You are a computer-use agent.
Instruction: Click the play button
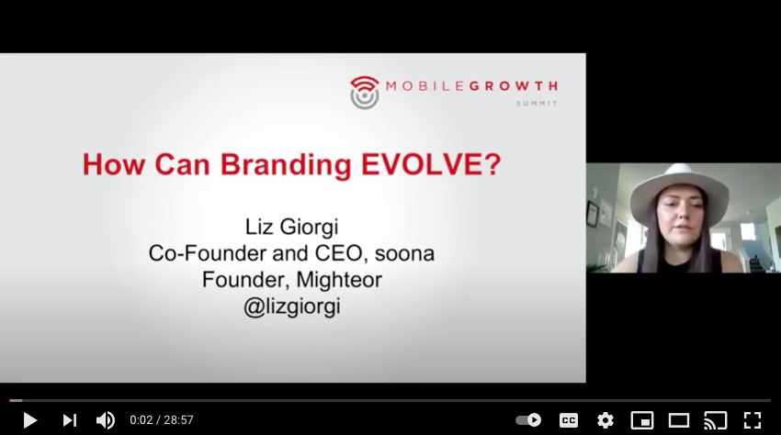30,420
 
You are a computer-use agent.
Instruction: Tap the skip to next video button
69,420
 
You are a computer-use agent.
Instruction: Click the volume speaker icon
105,420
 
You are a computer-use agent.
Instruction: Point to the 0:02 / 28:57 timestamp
162,420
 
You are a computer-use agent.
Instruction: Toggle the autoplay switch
528,420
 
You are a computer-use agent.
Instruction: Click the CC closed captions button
569,420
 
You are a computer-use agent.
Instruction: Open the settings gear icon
606,420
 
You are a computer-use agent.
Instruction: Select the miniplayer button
642,420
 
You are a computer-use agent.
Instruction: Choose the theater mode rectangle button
678,420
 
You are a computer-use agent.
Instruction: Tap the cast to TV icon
715,420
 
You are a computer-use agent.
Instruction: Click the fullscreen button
753,420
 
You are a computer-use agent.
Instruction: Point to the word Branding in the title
286,165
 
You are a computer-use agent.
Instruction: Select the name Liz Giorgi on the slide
292,228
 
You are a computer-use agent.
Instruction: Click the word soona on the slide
404,254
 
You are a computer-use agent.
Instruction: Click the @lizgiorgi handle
292,307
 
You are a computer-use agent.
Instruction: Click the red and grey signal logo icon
365,93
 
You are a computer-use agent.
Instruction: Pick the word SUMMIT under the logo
537,104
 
